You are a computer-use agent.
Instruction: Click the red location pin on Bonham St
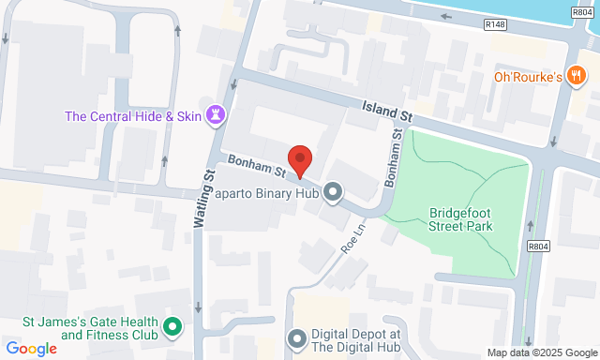(299, 160)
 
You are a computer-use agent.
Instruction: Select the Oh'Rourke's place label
(527, 77)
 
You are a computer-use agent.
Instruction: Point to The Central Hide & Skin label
(133, 117)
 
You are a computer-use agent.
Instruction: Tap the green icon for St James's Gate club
(172, 327)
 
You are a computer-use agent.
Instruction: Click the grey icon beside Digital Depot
(297, 338)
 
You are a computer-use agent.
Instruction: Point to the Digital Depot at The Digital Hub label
(356, 340)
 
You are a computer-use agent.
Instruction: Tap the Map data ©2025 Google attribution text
(541, 352)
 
